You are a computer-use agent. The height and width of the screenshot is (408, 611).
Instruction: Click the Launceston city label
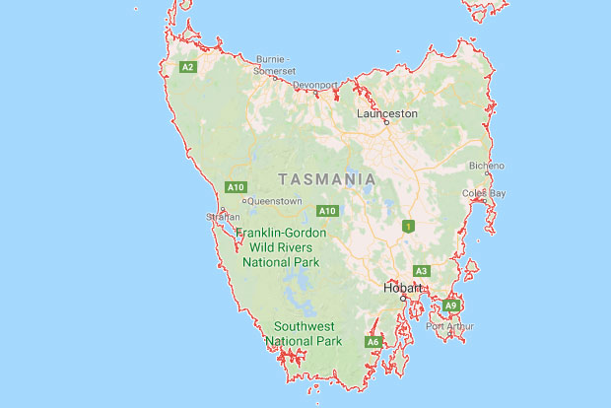pos(386,113)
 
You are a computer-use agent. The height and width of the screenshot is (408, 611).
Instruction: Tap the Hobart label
pos(402,289)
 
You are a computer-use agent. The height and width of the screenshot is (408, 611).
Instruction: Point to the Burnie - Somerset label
pos(276,65)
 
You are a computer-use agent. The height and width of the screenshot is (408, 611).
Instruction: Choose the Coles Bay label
pos(483,192)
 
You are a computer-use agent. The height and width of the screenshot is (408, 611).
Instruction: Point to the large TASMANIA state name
pos(327,179)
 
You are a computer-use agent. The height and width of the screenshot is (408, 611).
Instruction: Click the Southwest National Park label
pos(305,333)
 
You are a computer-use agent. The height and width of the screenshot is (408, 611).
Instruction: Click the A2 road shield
pos(187,67)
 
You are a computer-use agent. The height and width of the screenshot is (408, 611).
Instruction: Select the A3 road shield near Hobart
pos(421,271)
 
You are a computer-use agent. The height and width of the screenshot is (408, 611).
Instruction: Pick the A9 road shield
pos(451,306)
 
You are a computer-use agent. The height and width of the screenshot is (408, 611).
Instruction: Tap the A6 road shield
pos(373,342)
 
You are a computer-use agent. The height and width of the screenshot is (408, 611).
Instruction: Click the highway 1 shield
pos(406,227)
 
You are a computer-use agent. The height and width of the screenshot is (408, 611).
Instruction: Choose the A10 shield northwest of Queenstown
pos(236,187)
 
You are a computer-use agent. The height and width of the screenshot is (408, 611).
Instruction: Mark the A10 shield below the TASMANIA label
pos(328,211)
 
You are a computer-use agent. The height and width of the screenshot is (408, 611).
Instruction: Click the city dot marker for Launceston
pos(386,123)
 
